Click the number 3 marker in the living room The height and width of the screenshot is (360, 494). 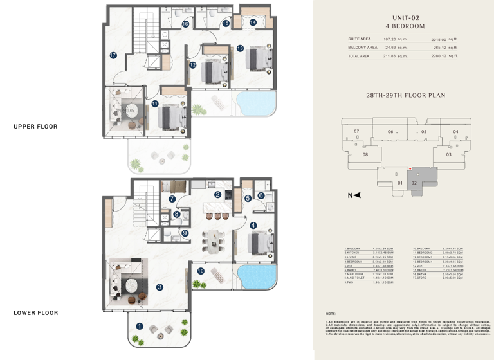click(x=160, y=287)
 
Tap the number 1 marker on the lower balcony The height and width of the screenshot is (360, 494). click(x=140, y=326)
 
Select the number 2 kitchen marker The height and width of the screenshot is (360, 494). click(x=218, y=195)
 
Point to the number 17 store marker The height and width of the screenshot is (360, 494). click(x=113, y=55)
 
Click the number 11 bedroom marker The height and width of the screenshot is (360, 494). click(x=155, y=104)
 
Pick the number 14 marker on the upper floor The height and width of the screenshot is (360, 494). click(x=253, y=22)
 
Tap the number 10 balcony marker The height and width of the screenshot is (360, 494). click(x=201, y=272)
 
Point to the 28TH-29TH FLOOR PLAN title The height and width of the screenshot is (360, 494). click(x=405, y=94)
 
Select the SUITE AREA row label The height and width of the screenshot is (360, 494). click(x=360, y=39)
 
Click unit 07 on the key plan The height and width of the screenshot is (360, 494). click(x=356, y=132)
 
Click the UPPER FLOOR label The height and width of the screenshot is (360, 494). click(x=35, y=127)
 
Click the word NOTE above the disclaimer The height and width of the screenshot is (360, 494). click(x=331, y=314)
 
